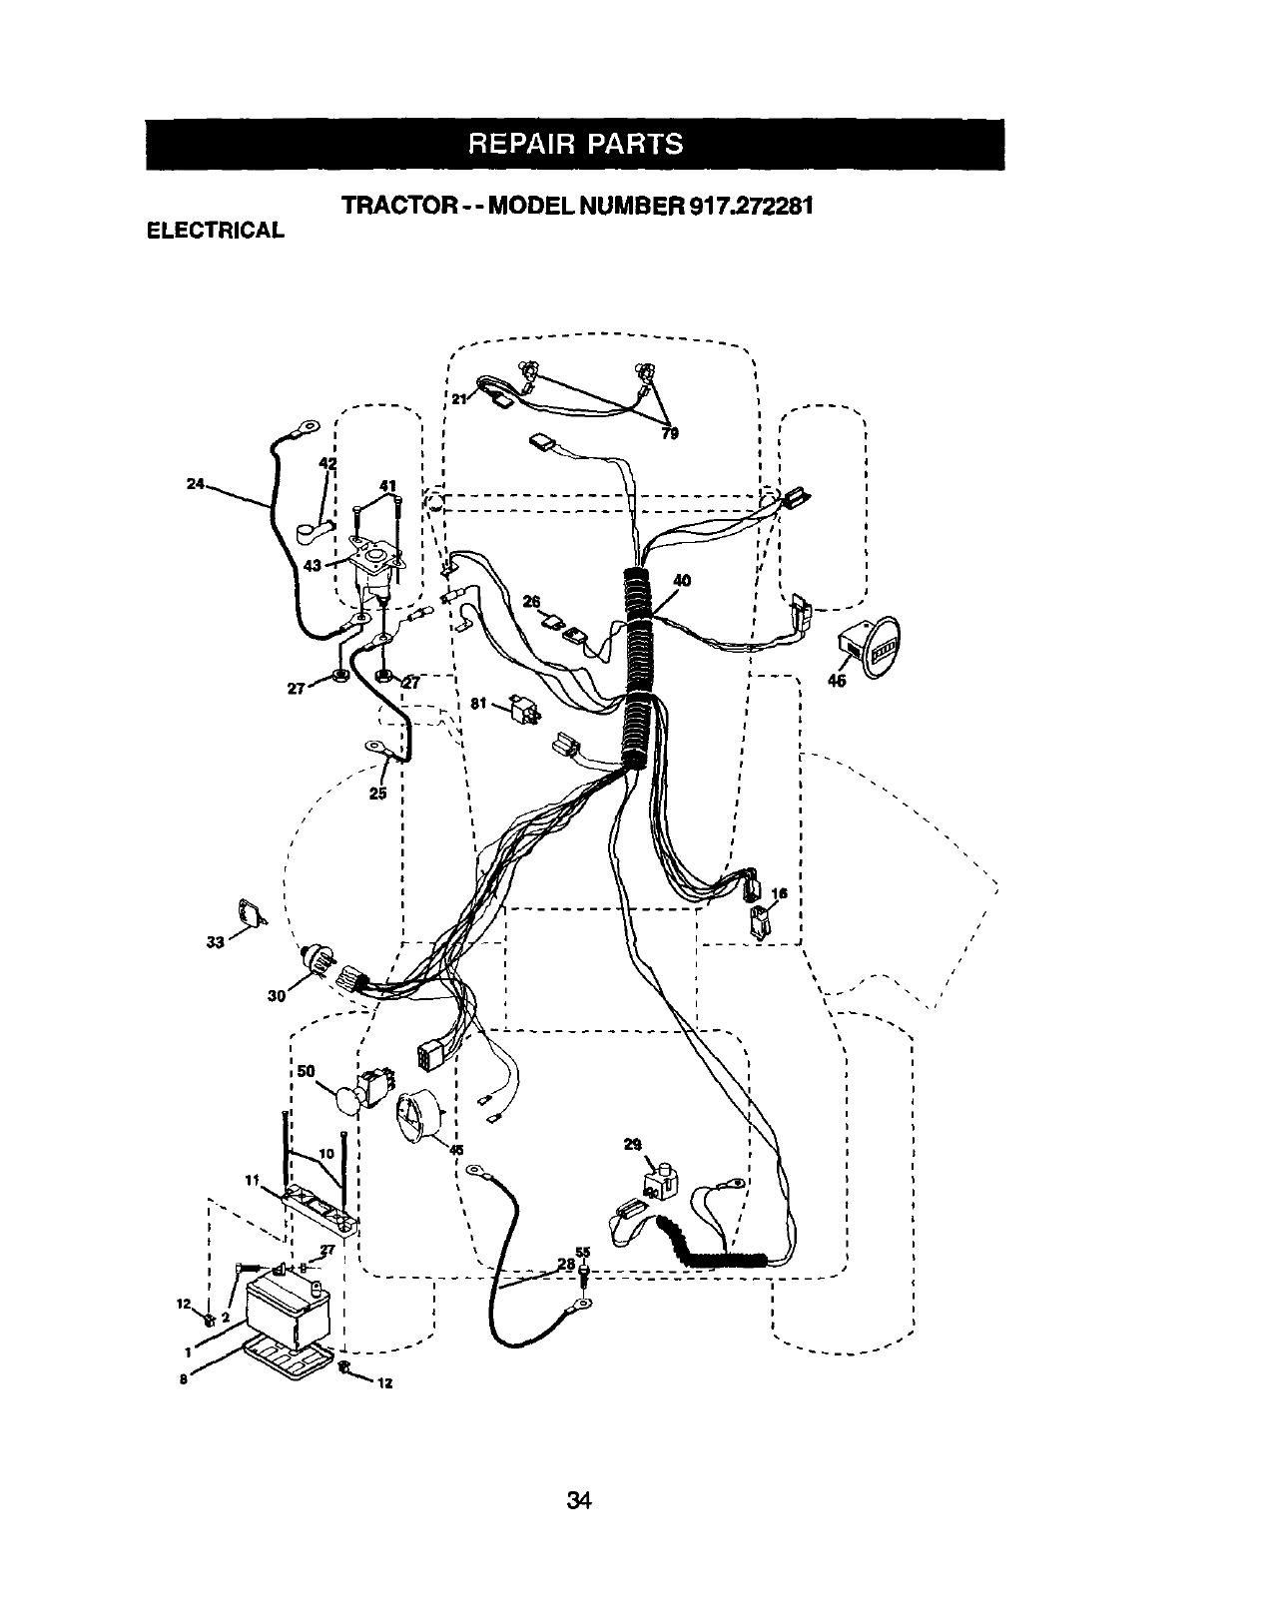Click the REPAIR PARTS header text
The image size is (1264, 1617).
(574, 144)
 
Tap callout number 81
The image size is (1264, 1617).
(478, 704)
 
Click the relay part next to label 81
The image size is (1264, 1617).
(524, 710)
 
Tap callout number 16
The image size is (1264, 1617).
(780, 893)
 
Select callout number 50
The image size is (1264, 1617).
(307, 1071)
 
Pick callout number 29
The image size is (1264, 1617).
(632, 1145)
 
